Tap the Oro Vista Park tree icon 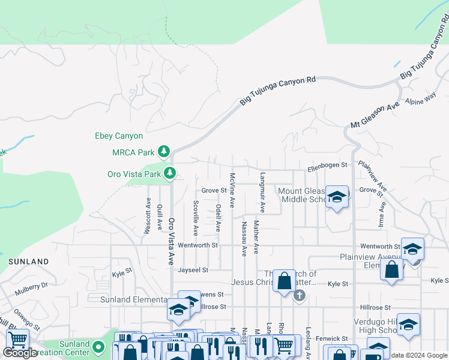pos(170,173)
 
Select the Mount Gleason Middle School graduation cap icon pos(337,197)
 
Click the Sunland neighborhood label pos(28,262)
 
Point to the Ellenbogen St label pos(328,164)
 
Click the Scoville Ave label pos(196,217)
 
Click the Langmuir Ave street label pos(262,193)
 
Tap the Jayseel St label pos(192,270)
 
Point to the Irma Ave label pos(382,214)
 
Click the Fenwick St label pos(333,339)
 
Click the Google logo pos(20,353)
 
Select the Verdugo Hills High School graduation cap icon pos(408,324)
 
